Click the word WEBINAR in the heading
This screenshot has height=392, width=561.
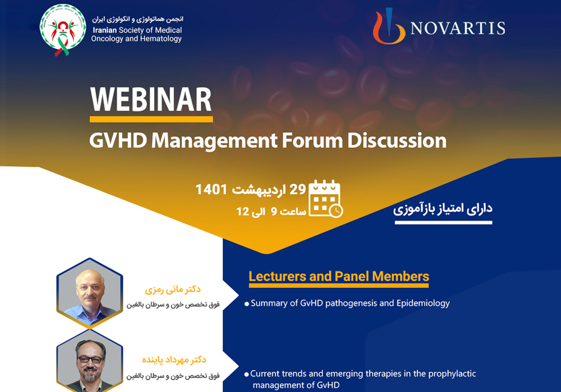(151, 100)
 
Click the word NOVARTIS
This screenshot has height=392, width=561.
(458, 28)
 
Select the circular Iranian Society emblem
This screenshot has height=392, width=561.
(63, 28)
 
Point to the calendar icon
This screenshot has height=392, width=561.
(325, 198)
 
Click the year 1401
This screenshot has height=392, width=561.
(211, 189)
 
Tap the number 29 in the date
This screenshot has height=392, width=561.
(297, 189)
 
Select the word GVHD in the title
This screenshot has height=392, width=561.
(118, 141)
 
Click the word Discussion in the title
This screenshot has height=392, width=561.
(397, 141)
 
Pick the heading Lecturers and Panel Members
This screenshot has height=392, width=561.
(339, 276)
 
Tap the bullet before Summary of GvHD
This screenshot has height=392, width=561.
(246, 304)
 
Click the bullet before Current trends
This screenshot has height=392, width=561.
(246, 375)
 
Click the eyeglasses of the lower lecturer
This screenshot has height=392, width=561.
(90, 360)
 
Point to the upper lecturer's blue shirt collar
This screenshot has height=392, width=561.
(89, 306)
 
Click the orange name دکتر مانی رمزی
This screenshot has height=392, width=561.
(173, 290)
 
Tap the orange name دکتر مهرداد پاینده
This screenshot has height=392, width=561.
(174, 360)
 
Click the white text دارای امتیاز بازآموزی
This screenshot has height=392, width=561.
(443, 208)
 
